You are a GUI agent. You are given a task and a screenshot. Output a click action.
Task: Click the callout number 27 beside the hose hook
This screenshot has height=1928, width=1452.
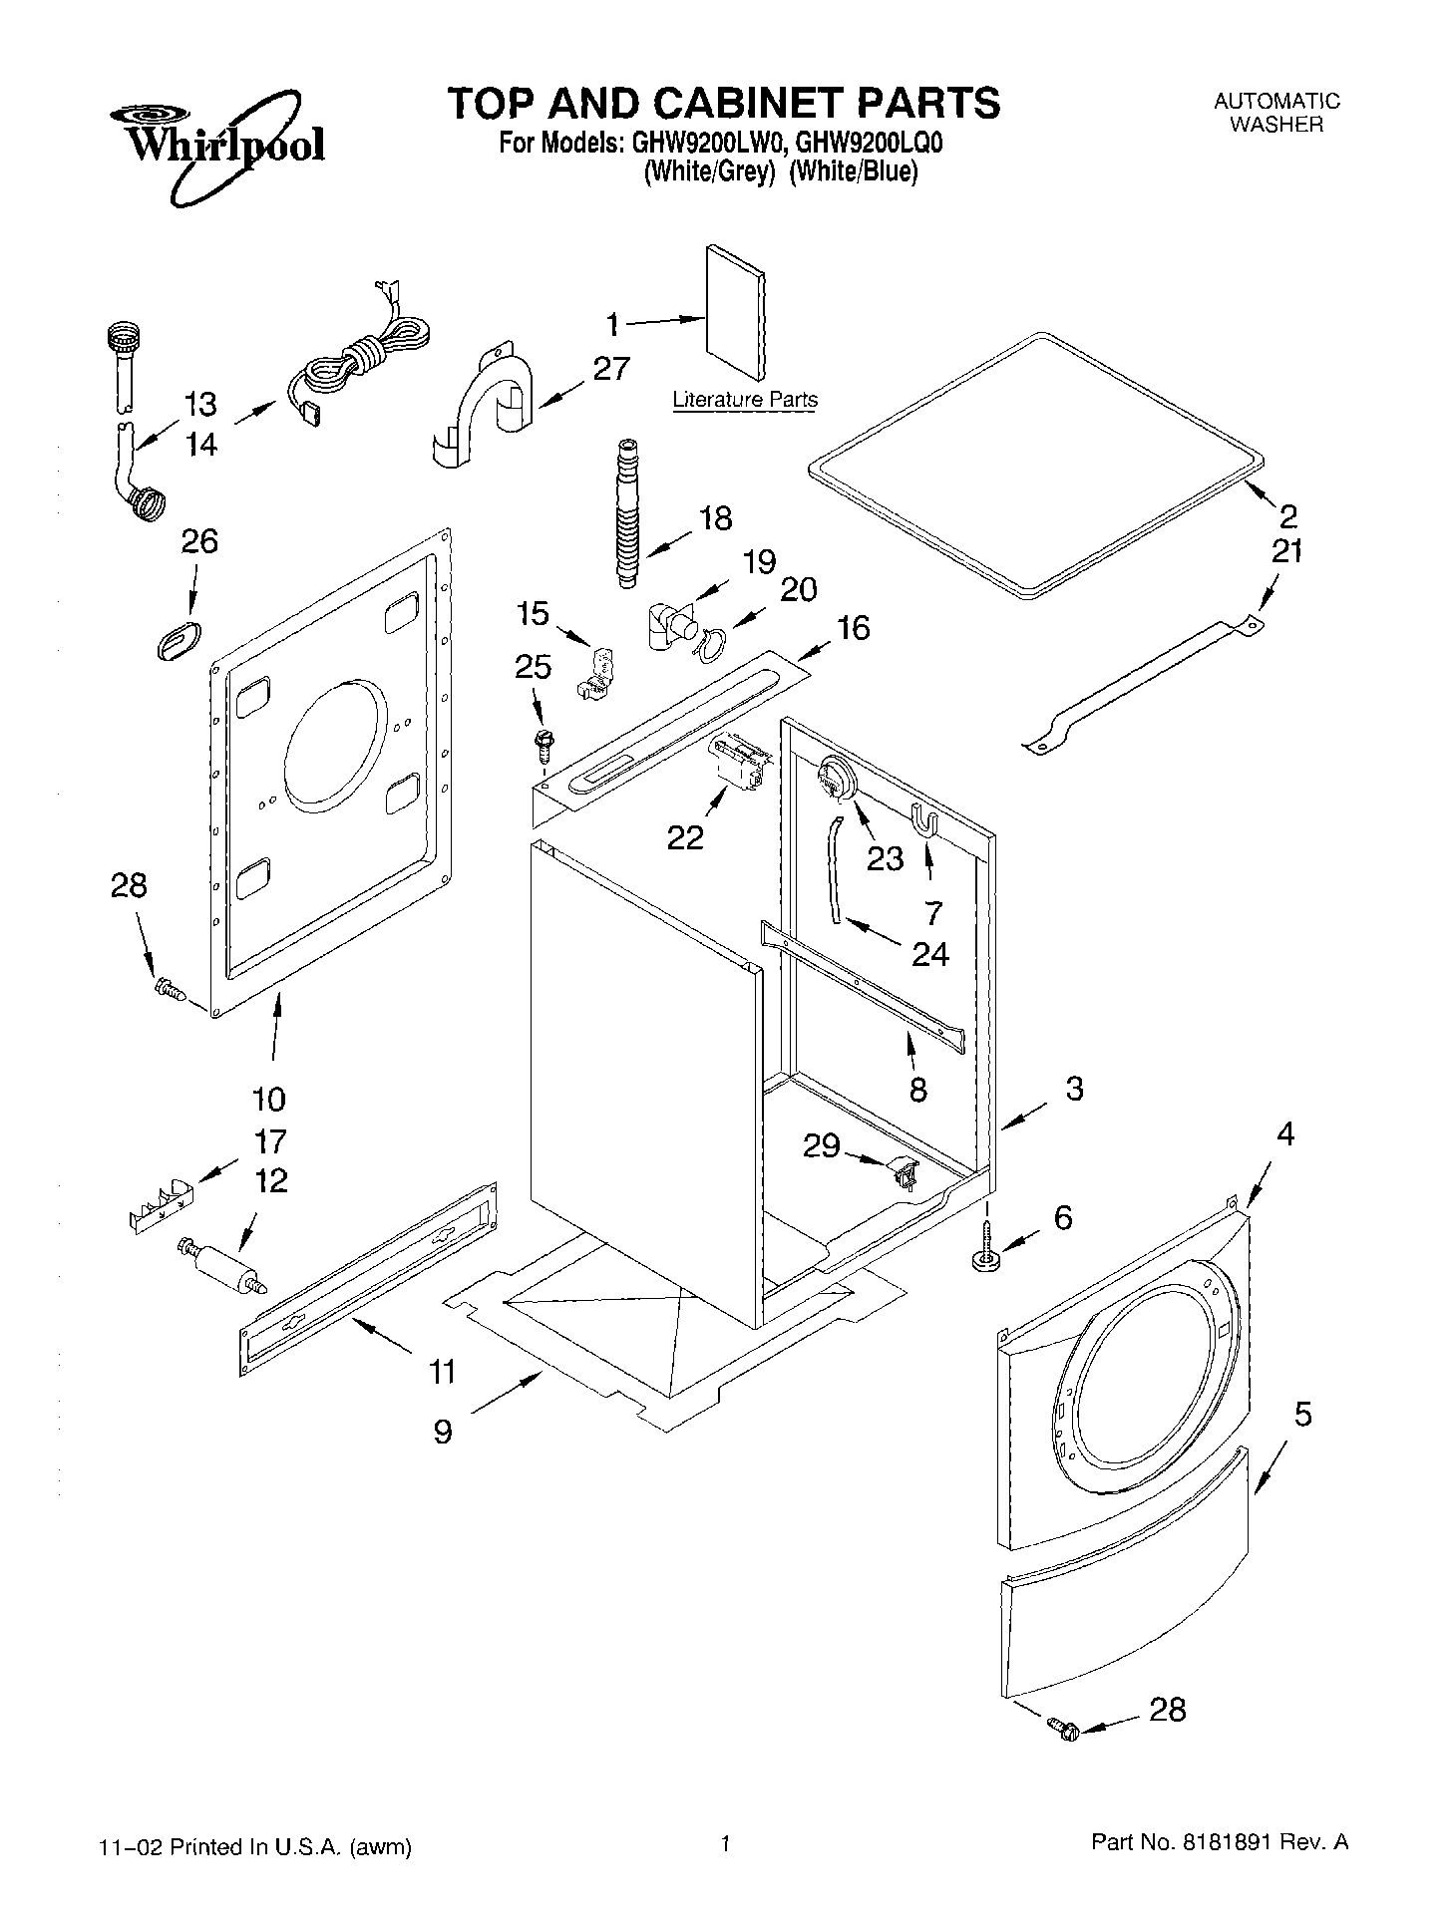[x=610, y=369]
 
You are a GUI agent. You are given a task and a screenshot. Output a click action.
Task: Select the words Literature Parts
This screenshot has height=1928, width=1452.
[x=745, y=400]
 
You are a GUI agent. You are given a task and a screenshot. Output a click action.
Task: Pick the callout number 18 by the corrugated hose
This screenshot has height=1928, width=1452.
[x=715, y=517]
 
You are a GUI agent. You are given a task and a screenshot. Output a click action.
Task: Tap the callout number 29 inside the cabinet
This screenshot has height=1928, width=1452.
[x=822, y=1146]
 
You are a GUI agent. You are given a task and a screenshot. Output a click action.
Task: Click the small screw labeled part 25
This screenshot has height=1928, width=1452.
[x=544, y=741]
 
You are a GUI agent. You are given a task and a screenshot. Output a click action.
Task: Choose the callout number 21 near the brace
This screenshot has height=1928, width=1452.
[x=1286, y=550]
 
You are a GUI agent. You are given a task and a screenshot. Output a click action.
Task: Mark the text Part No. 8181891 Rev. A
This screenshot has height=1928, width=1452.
[x=1220, y=1844]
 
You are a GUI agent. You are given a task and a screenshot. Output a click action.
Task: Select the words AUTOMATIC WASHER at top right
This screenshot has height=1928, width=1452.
[x=1276, y=113]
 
